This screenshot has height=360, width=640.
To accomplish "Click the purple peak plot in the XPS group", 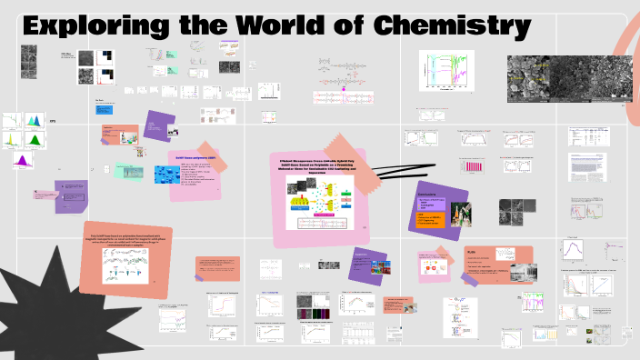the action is click(19, 160).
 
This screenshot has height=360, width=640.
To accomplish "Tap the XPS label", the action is click(52, 122).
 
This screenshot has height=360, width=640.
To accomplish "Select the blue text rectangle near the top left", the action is click(105, 110).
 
